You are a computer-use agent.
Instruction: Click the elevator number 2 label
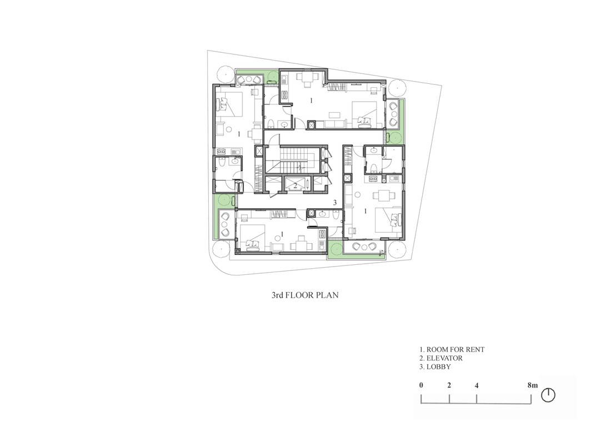(296, 185)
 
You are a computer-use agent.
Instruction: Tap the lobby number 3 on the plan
(335, 203)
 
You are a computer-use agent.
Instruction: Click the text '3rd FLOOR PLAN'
(305, 295)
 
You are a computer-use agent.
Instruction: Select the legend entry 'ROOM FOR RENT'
(455, 350)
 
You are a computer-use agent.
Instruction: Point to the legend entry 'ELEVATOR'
(444, 358)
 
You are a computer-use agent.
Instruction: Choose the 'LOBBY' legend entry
(439, 367)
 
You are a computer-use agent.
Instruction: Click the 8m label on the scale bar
(533, 385)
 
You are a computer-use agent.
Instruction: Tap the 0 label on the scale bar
(421, 385)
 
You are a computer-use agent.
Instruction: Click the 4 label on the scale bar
(477, 386)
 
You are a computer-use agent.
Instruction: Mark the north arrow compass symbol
(548, 395)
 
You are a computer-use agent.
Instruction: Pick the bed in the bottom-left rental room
(252, 238)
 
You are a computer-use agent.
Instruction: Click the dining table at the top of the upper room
(305, 79)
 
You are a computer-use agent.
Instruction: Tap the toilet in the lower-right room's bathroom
(374, 168)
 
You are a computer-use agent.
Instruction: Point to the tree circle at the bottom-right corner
(397, 249)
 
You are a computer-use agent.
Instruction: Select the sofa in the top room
(330, 124)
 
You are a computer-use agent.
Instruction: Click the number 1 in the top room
(311, 101)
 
